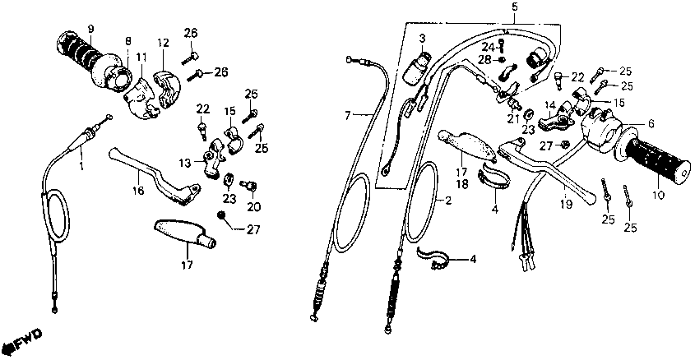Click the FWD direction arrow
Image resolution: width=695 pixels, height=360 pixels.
click(23, 339)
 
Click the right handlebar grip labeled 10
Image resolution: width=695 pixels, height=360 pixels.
click(659, 156)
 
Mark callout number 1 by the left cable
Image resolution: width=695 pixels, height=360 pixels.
click(81, 166)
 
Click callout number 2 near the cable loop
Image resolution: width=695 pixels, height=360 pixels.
click(449, 200)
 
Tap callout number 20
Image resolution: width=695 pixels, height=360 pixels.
click(253, 206)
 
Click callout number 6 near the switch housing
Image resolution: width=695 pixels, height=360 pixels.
click(651, 124)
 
